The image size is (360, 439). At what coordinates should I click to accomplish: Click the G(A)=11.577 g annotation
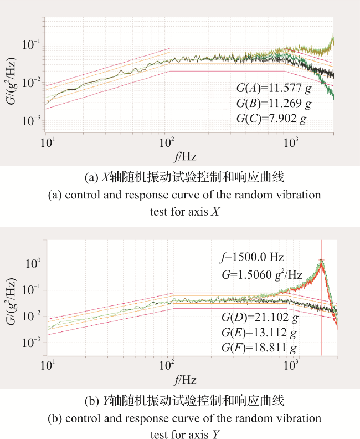point(274,89)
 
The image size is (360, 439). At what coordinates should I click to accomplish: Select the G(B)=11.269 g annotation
point(274,104)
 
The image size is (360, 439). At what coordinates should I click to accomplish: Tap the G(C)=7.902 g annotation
point(271,119)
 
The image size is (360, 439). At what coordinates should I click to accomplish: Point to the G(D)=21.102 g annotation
point(260,318)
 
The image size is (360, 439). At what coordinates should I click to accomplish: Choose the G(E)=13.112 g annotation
point(259,333)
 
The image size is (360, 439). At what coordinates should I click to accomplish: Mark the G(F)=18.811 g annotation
point(259,348)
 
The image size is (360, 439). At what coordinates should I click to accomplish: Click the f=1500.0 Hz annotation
point(252,257)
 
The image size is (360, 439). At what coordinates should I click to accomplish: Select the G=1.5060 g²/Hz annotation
point(262,275)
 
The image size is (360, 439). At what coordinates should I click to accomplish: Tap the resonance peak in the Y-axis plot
point(322,260)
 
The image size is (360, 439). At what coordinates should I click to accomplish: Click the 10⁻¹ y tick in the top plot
point(32,44)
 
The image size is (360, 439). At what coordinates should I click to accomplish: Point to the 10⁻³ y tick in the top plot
point(32,121)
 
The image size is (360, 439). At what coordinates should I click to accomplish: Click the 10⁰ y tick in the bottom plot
point(33,263)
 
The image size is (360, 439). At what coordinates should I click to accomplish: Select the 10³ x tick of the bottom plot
point(291,365)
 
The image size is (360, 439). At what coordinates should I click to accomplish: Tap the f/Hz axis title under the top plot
point(184,156)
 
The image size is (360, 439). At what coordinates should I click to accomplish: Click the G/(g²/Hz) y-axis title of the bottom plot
point(11,302)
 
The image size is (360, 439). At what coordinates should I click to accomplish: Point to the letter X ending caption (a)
point(215,211)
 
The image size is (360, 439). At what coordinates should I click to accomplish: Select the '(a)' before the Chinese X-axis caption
point(91,178)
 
